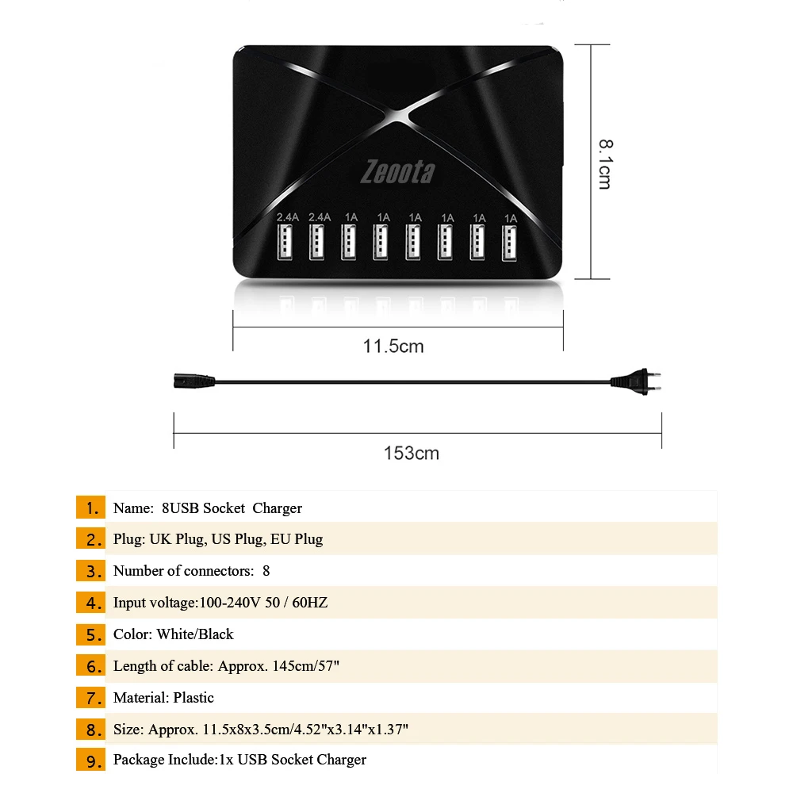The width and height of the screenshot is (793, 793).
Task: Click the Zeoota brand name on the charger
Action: pos(397,171)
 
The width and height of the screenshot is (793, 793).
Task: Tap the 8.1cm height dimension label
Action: pos(604,164)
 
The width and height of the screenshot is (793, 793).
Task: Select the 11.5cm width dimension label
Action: pos(393,347)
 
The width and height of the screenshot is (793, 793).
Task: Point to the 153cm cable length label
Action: pos(412,454)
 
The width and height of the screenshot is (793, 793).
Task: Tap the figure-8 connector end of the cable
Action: pos(185,381)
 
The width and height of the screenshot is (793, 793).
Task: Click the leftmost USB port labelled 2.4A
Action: pos(284,243)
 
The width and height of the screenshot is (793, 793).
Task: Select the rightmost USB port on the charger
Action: pos(509,243)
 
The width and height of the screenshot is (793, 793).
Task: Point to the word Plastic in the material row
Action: pos(193,698)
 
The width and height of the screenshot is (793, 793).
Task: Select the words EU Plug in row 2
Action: pos(297,539)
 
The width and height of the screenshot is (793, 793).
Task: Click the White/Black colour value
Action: pos(195,634)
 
